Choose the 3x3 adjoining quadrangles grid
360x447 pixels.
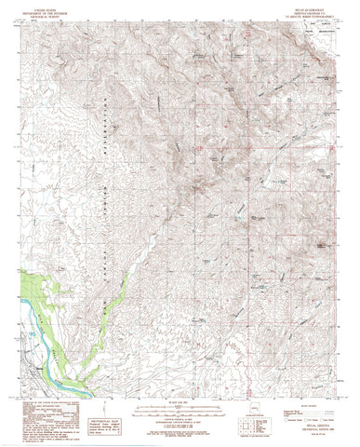click(246, 427)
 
